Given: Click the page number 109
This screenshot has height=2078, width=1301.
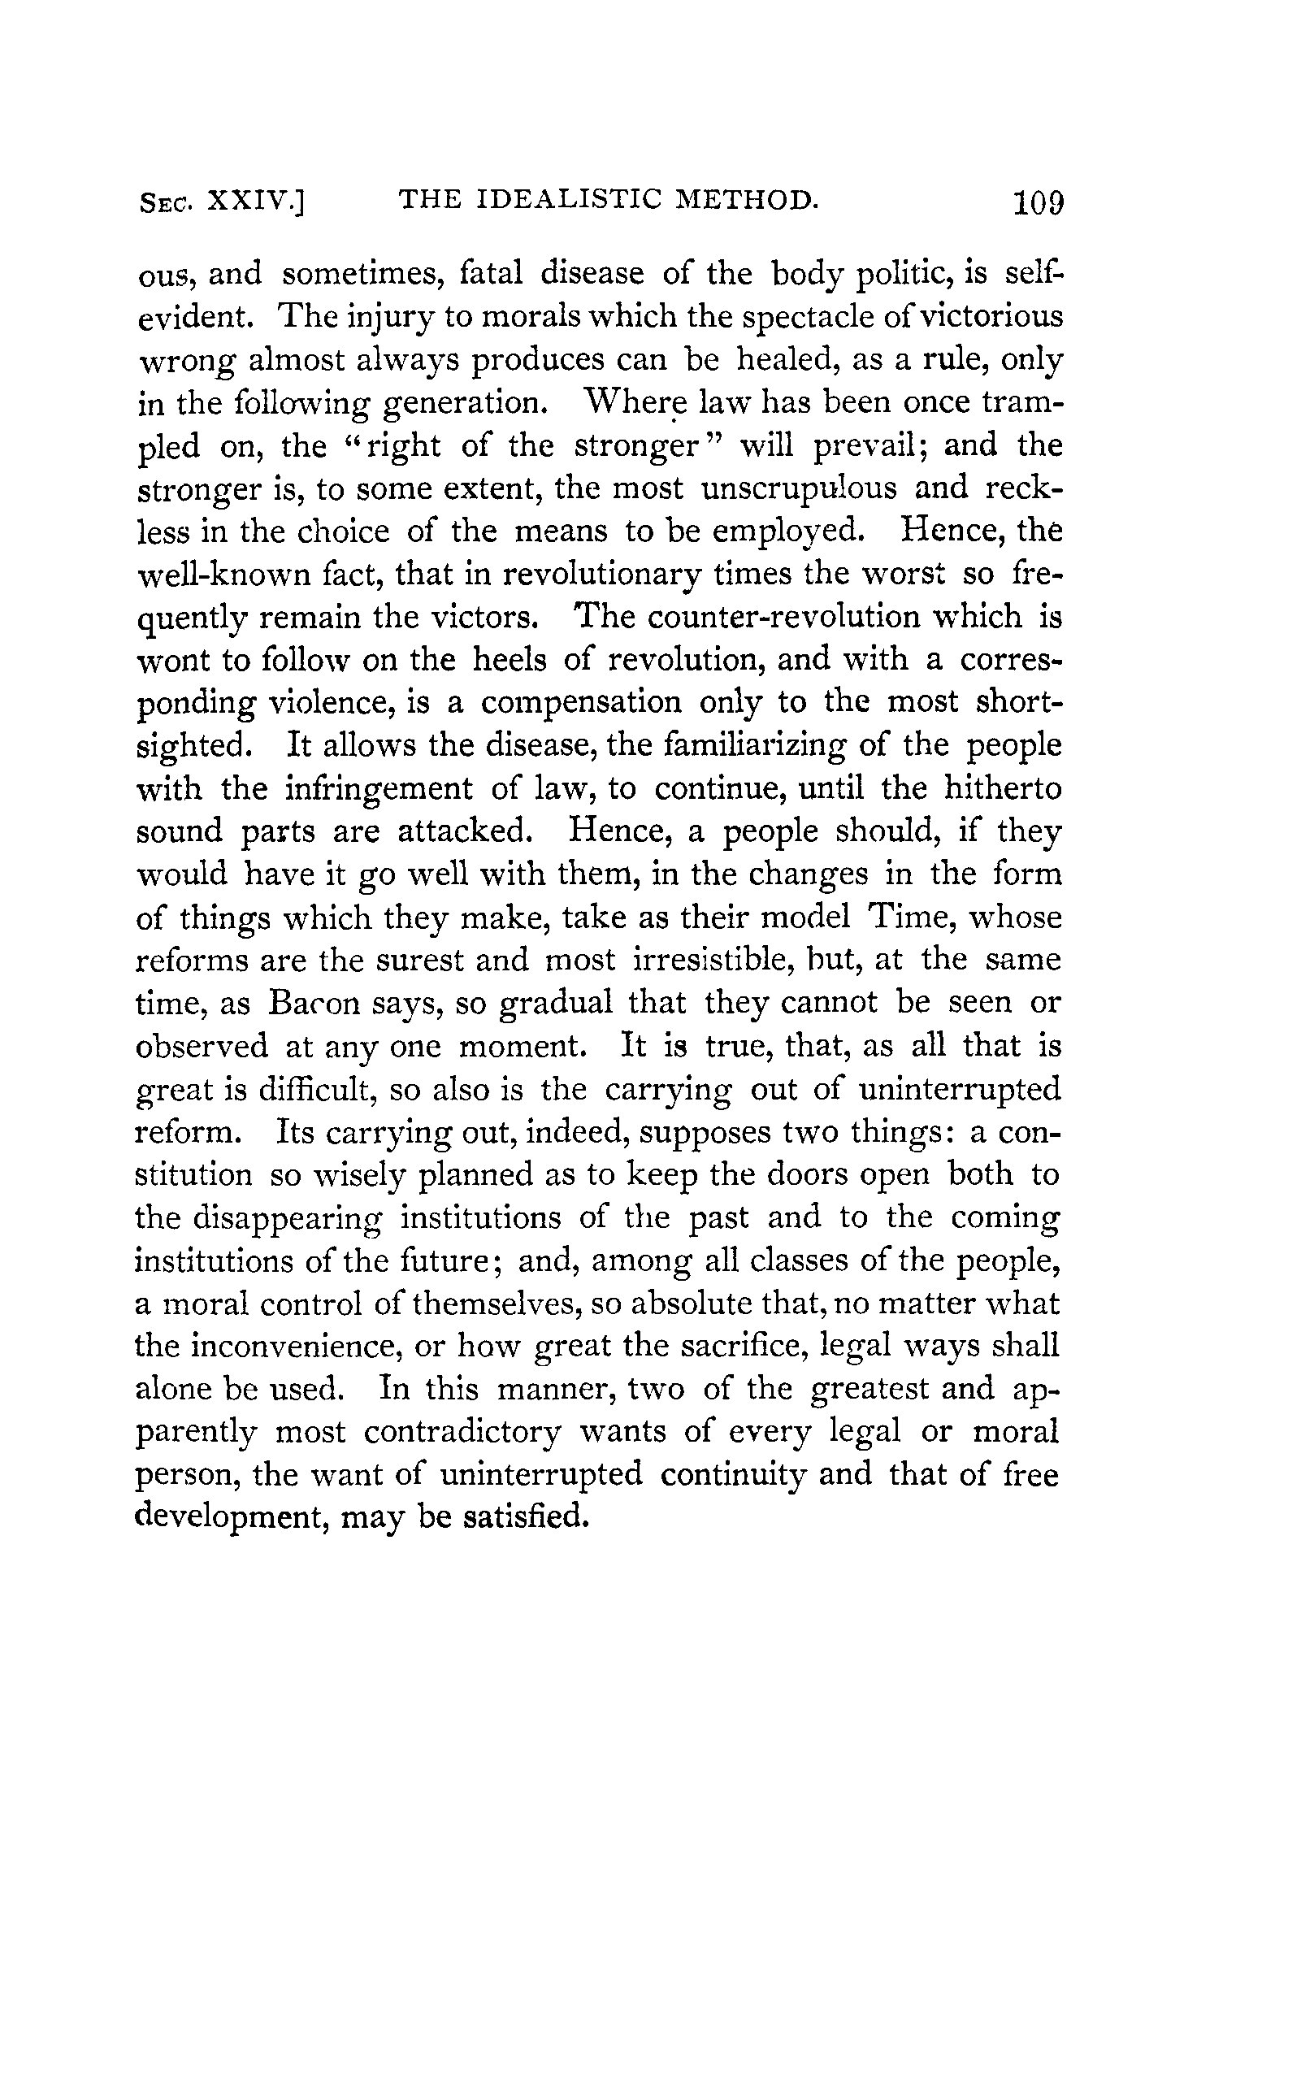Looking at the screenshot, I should click(x=1039, y=203).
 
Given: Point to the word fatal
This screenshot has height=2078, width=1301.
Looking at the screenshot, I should click(x=492, y=274).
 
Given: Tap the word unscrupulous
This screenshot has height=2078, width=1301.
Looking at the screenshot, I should click(x=799, y=488).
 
